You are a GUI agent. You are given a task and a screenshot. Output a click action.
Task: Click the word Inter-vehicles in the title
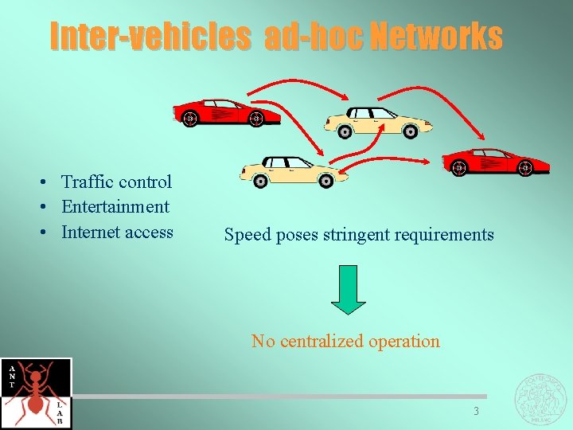(x=150, y=36)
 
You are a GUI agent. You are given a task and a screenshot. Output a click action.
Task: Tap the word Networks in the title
(x=435, y=36)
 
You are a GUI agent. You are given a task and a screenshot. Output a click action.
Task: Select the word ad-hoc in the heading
(x=313, y=36)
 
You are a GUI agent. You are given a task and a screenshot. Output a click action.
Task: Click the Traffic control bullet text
(x=116, y=182)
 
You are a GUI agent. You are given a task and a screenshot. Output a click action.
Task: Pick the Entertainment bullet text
(x=115, y=207)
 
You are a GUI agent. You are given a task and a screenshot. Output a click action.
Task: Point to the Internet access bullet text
(x=117, y=233)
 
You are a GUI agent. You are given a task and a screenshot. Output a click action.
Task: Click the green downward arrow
(x=348, y=289)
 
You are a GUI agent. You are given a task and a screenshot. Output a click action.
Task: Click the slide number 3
(x=476, y=412)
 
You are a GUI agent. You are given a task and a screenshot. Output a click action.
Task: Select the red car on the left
(x=227, y=113)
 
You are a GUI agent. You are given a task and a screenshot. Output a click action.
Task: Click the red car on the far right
(x=494, y=162)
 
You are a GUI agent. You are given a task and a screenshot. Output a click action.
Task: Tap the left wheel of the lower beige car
(x=260, y=181)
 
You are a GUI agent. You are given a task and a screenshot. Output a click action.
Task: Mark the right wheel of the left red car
(x=255, y=119)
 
